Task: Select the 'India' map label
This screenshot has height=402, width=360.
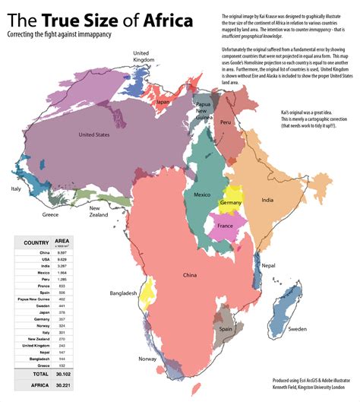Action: [x=267, y=200]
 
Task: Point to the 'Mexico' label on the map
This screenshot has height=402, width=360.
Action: [x=201, y=195]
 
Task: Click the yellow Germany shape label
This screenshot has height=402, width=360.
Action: [x=230, y=203]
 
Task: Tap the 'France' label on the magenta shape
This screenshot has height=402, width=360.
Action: [x=225, y=226]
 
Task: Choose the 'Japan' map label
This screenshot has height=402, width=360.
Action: [x=163, y=101]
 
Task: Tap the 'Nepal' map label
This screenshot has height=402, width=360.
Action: [x=268, y=266]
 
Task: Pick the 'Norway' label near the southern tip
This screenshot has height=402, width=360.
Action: [x=147, y=359]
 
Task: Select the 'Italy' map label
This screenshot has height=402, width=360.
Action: [x=15, y=188]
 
